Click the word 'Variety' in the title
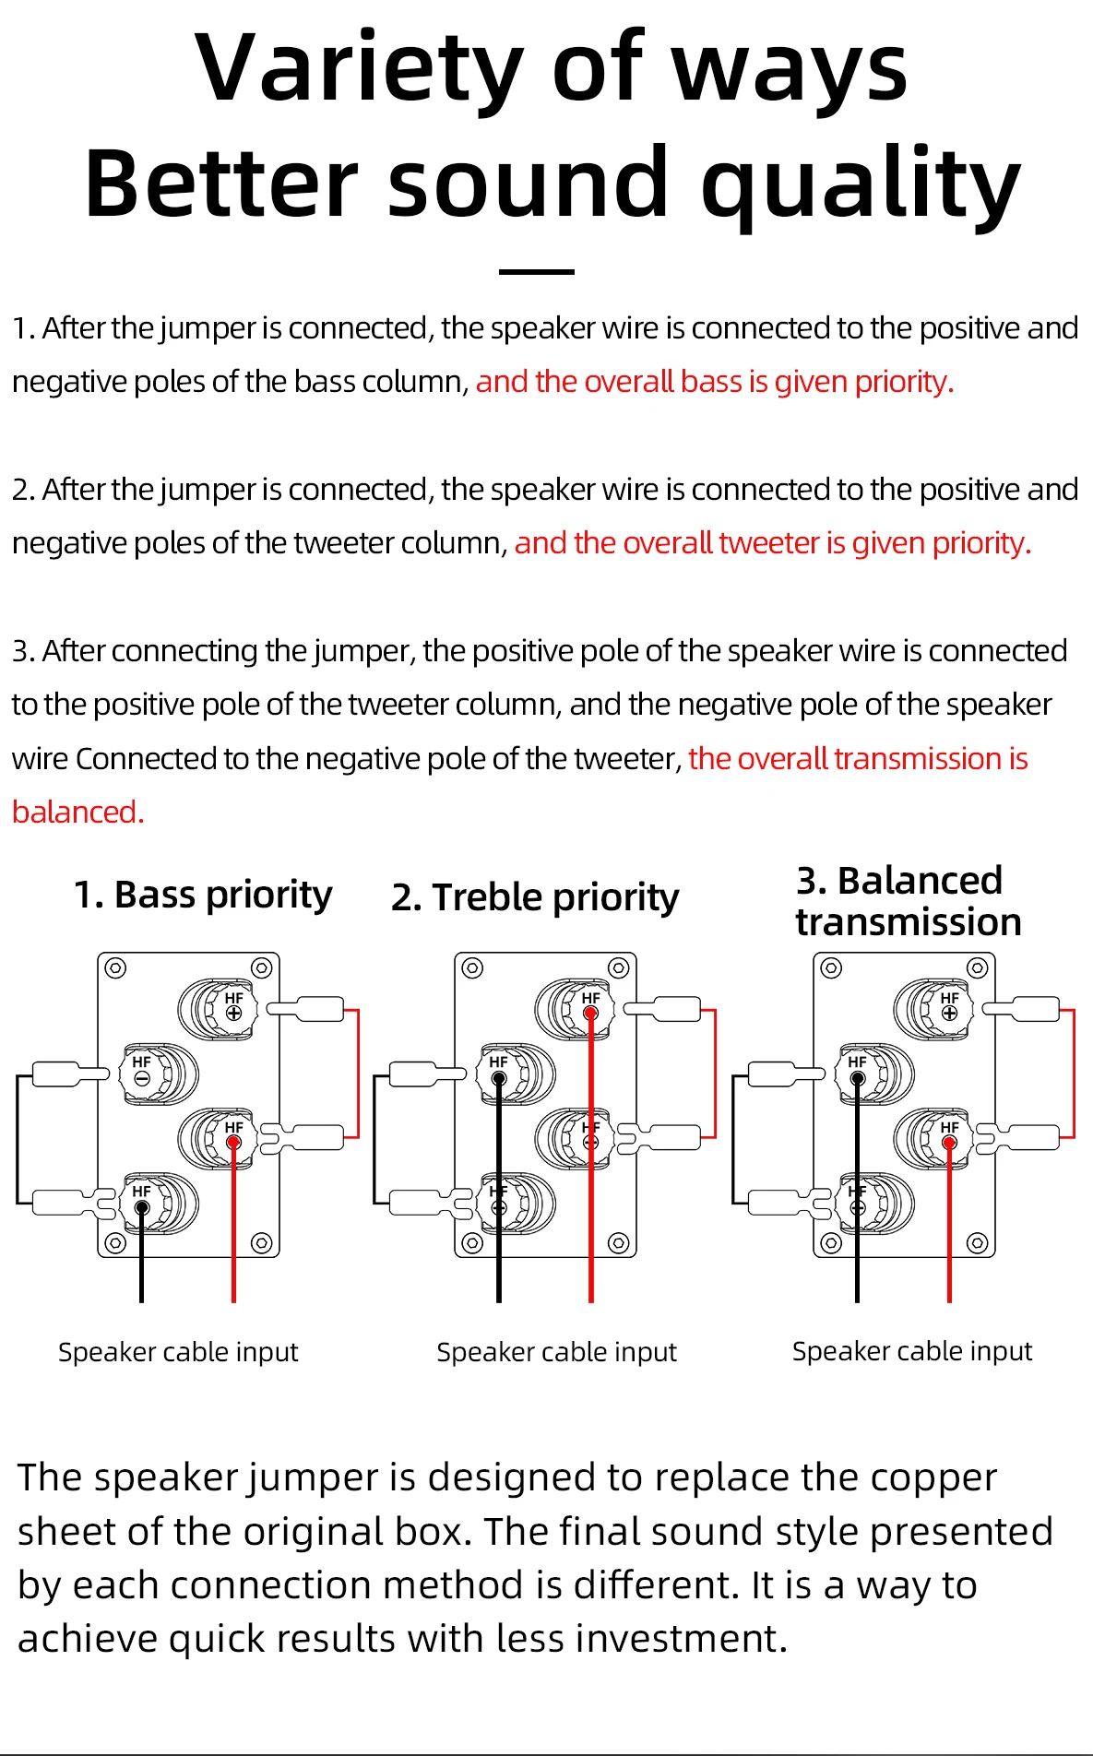(x=361, y=69)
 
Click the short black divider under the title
(x=536, y=272)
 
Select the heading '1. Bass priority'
(x=203, y=895)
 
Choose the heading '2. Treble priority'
(x=535, y=897)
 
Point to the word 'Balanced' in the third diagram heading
(x=920, y=881)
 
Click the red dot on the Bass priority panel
(x=233, y=1143)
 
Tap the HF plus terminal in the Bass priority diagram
(x=233, y=1013)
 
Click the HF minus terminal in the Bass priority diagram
(x=141, y=1077)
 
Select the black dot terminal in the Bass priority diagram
(x=141, y=1207)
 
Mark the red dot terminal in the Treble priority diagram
(x=591, y=1013)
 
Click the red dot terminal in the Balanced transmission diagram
(x=949, y=1143)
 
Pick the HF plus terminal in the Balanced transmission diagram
(x=949, y=1013)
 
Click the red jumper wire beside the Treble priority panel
(x=715, y=1074)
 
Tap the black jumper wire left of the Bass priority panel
(x=17, y=1139)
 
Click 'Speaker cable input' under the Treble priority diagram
(x=556, y=1352)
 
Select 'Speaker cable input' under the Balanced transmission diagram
(x=911, y=1351)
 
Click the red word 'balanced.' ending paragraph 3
(x=78, y=813)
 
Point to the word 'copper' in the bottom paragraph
(x=933, y=1477)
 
